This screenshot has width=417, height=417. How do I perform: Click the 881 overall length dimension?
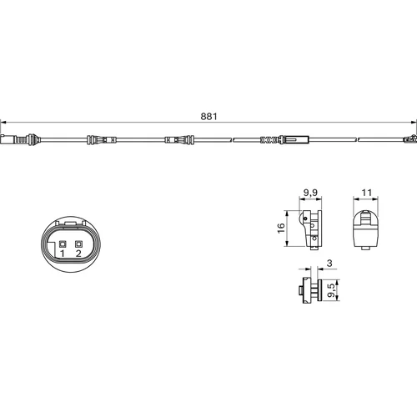tap(208, 117)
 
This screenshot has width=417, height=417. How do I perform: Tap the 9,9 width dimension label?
tap(310, 193)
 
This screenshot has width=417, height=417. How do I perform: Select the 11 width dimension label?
tap(366, 193)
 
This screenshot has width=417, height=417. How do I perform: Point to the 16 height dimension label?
tap(281, 228)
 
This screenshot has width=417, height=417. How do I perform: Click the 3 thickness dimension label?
tap(329, 263)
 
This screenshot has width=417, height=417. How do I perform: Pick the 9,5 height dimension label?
tap(331, 290)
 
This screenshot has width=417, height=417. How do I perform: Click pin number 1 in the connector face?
tap(63, 254)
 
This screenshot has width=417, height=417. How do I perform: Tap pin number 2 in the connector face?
tap(78, 254)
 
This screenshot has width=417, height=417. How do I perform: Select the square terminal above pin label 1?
tap(63, 244)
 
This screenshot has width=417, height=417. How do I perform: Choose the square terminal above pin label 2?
tap(79, 244)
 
